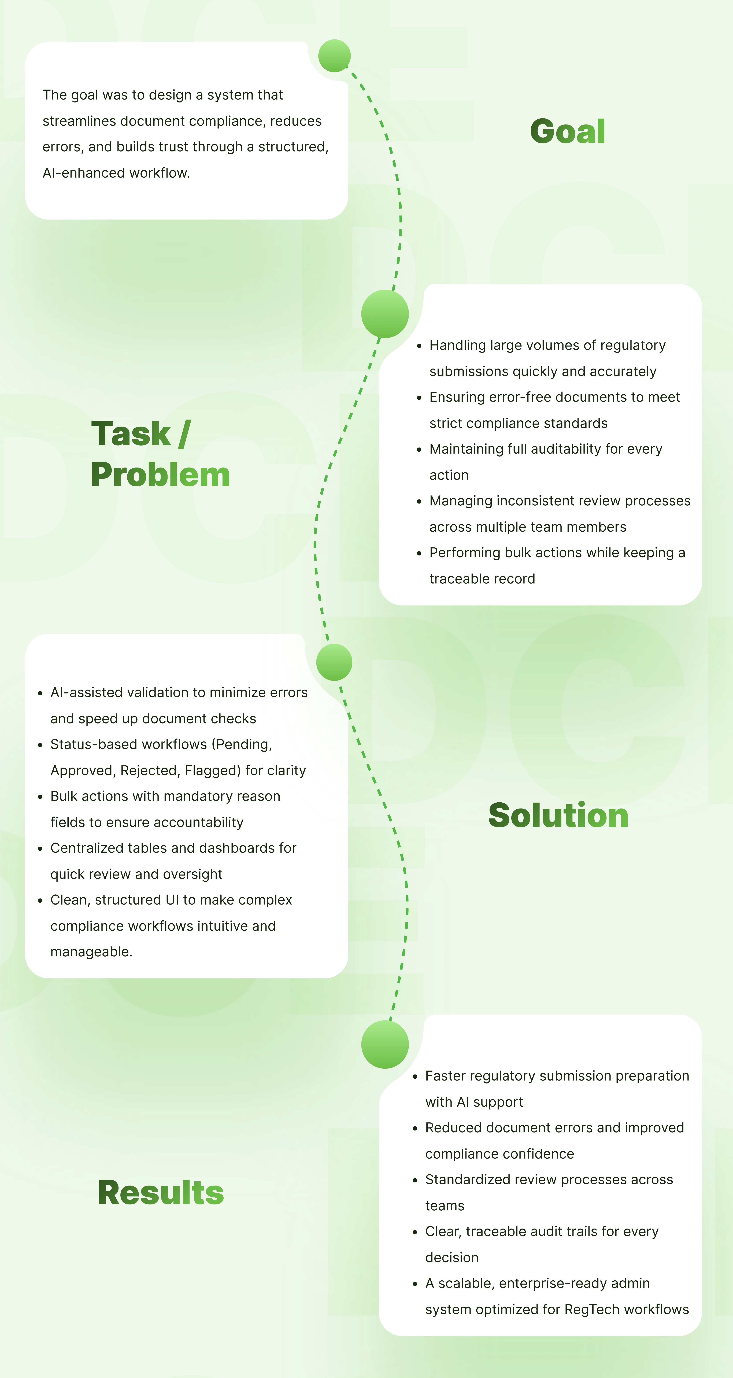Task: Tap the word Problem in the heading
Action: click(x=160, y=475)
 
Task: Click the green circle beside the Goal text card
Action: click(x=334, y=56)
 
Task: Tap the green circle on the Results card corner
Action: click(x=385, y=1044)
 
